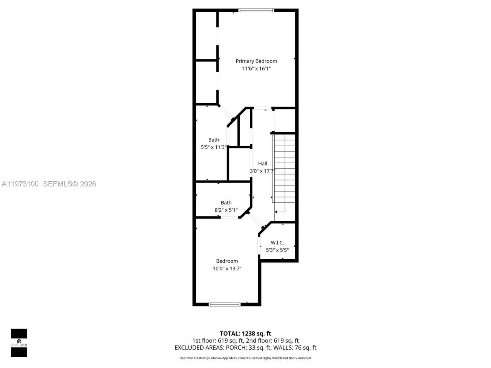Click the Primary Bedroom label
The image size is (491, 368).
click(x=256, y=61)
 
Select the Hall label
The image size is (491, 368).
click(x=262, y=163)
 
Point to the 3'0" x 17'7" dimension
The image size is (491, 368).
click(x=262, y=171)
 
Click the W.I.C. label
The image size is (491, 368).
click(x=277, y=243)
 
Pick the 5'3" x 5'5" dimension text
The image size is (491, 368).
click(x=277, y=250)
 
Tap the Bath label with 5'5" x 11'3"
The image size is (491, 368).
click(x=214, y=140)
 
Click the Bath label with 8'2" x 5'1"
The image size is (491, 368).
click(x=226, y=203)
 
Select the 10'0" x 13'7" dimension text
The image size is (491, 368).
click(x=227, y=269)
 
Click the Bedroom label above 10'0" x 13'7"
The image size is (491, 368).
click(x=227, y=261)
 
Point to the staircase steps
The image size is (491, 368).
click(x=285, y=169)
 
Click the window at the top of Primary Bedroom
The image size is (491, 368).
click(x=256, y=10)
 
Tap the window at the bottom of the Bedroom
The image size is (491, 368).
click(x=224, y=304)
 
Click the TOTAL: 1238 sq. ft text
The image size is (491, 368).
click(x=245, y=333)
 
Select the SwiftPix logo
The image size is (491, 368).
click(x=19, y=343)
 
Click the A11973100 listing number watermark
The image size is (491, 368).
click(x=20, y=184)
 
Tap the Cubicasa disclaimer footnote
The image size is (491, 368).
click(x=245, y=358)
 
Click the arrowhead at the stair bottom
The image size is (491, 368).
click(x=276, y=211)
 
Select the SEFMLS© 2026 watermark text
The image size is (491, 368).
click(x=69, y=184)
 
